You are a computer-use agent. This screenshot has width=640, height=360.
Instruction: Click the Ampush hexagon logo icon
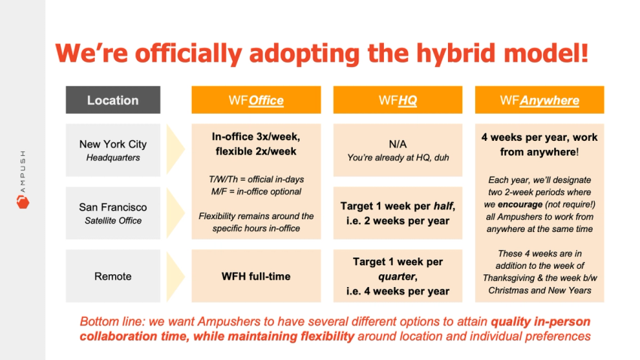click(x=21, y=202)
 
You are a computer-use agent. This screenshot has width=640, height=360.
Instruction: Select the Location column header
click(x=113, y=100)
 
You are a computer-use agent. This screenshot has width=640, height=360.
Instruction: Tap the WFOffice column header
click(x=256, y=100)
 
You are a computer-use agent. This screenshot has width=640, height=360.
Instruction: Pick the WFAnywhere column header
click(x=539, y=100)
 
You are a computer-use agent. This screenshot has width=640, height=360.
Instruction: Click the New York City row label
click(x=113, y=144)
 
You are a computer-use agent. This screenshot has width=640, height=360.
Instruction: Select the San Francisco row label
click(x=113, y=206)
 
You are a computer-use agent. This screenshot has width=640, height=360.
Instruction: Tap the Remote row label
click(x=113, y=276)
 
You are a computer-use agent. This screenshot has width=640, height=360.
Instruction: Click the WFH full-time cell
click(x=256, y=276)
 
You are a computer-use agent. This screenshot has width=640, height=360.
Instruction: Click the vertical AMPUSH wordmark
click(x=21, y=169)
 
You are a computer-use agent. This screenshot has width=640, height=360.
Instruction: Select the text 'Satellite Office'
click(x=113, y=221)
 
